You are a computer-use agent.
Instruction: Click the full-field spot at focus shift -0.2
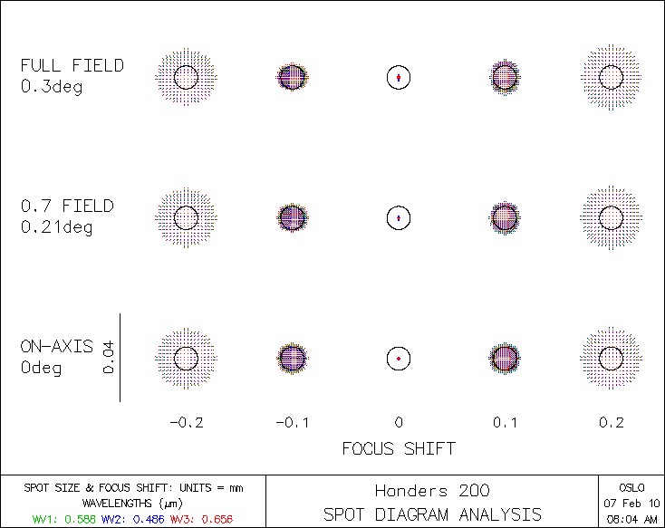coord(186,77)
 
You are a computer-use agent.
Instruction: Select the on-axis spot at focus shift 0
coord(399,359)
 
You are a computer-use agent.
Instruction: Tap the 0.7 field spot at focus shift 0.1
coord(505,217)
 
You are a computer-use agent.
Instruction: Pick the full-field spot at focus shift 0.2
coord(612,77)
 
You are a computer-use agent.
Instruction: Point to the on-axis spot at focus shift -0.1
coord(292,359)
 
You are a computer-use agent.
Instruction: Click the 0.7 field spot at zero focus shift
coord(399,217)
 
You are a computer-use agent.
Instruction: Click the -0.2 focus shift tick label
coord(186,422)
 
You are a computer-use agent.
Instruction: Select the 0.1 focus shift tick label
coord(505,422)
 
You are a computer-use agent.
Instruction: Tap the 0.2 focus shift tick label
coord(612,422)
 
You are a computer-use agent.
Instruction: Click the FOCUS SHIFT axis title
coord(399,448)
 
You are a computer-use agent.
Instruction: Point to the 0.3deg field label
coord(52,88)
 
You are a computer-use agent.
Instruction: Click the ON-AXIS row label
coord(57,347)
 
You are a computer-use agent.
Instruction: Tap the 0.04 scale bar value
coord(109,359)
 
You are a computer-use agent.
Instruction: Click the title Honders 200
coord(432,491)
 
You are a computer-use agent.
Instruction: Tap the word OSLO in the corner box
coord(632,487)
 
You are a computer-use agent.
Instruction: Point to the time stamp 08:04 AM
coord(632,518)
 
